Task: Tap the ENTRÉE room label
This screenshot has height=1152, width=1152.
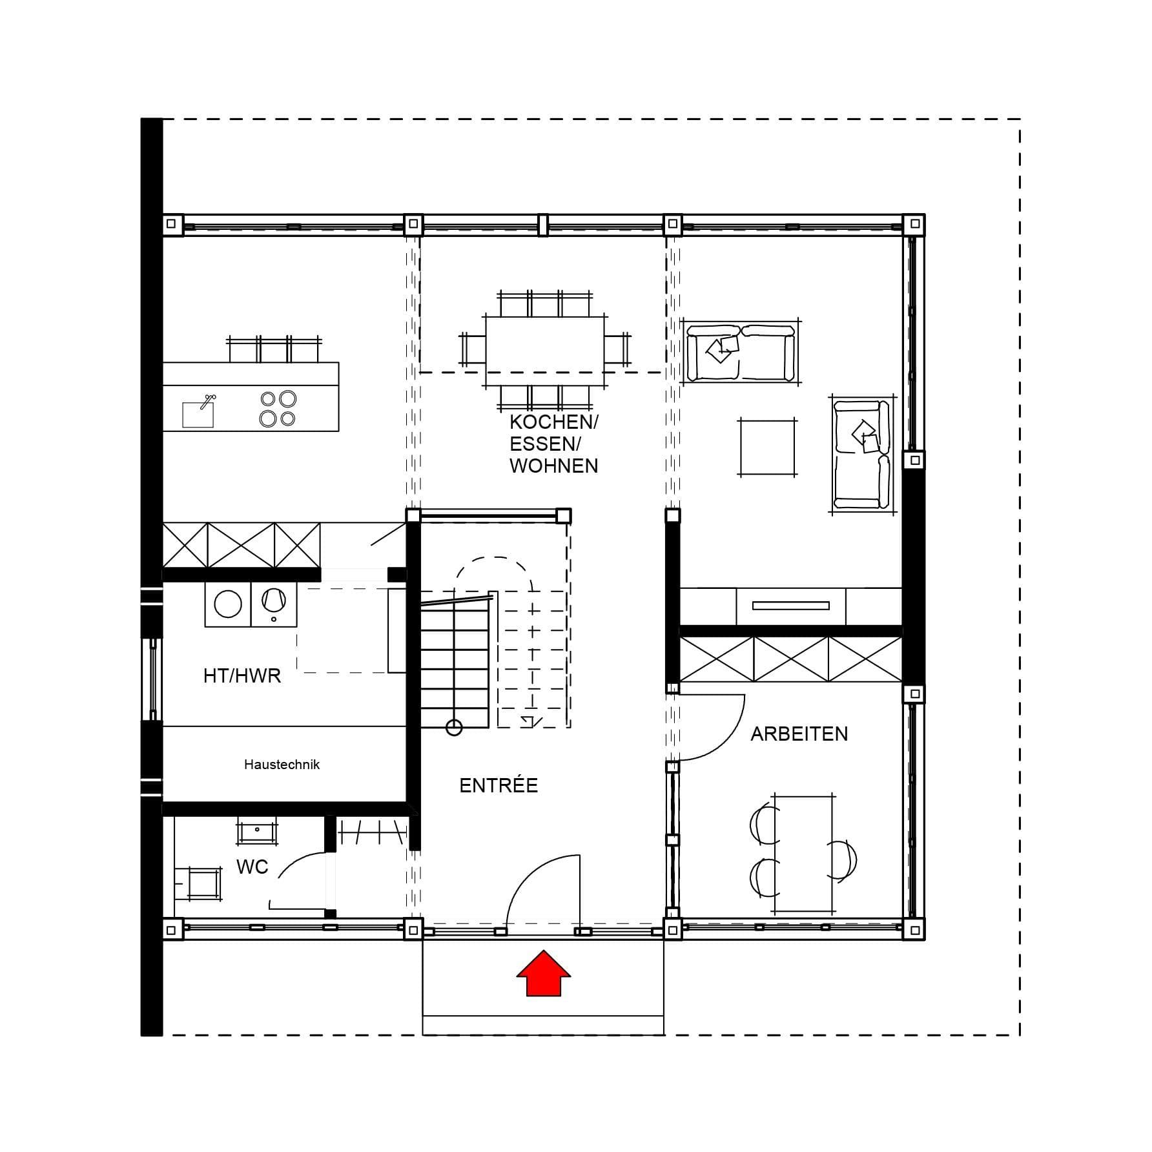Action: click(499, 785)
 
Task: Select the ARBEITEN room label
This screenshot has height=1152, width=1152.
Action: click(799, 734)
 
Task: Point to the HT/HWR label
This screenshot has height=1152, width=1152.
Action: click(242, 676)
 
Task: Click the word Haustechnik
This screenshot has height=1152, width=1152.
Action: click(282, 765)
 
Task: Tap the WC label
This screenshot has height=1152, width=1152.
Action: click(252, 867)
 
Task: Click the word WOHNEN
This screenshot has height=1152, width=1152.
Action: click(553, 466)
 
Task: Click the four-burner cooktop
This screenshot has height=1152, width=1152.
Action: click(278, 409)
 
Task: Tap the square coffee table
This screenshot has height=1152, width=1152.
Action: click(768, 447)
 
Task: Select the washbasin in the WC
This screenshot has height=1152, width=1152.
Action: click(257, 830)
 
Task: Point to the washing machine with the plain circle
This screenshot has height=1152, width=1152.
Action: click(228, 604)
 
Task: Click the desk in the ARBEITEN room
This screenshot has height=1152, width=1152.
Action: click(804, 854)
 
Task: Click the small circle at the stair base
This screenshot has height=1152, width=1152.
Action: click(454, 728)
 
